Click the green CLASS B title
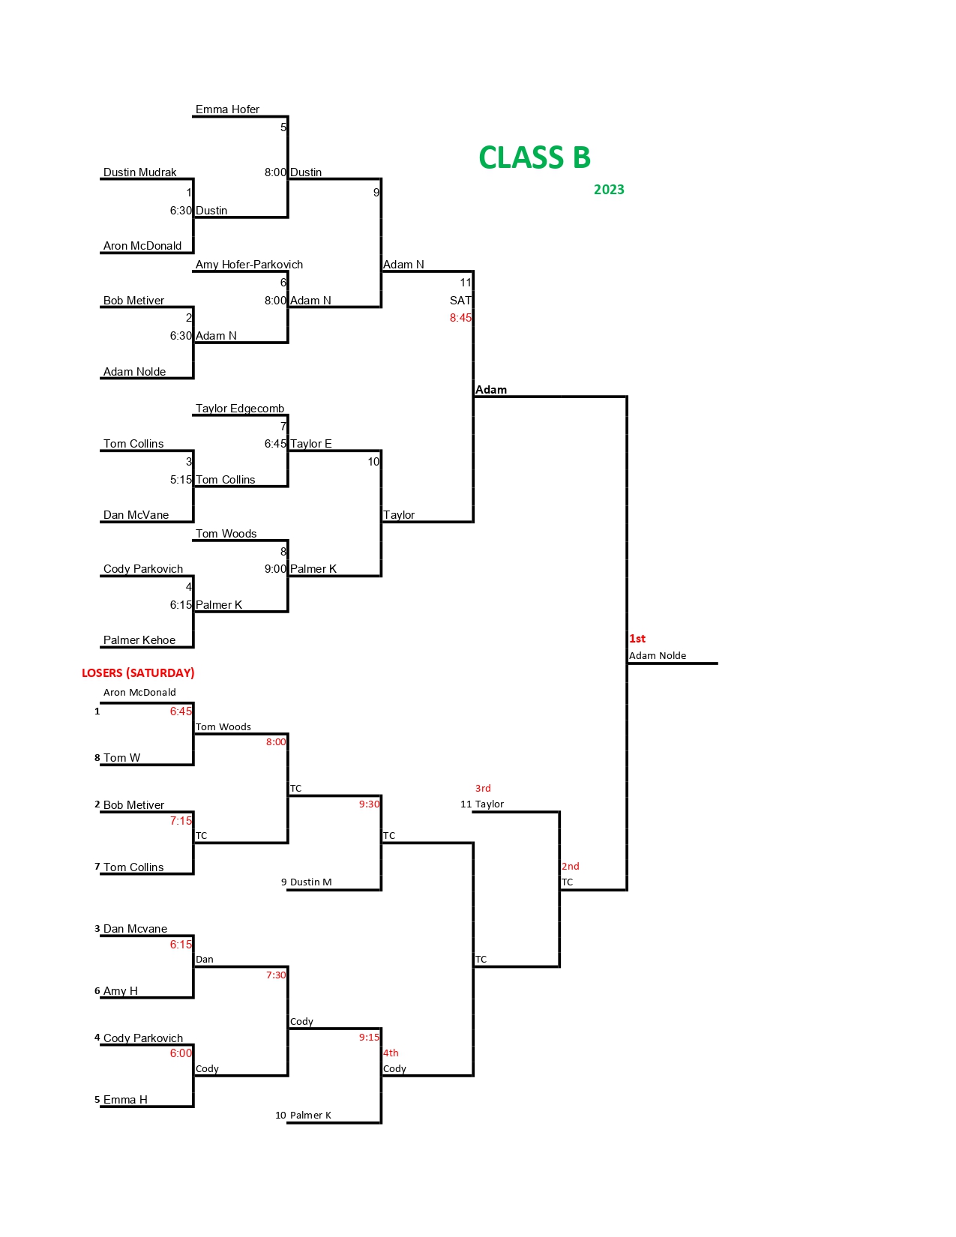[534, 158]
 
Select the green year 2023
[609, 190]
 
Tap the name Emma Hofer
[227, 109]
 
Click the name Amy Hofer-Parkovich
[249, 265]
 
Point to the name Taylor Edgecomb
[240, 409]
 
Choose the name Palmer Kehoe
[139, 640]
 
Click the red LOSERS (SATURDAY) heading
[138, 673]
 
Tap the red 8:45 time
[460, 318]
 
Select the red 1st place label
[637, 639]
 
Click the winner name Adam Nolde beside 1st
[658, 656]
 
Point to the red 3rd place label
[483, 789]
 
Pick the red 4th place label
[391, 1053]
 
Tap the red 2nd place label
[571, 867]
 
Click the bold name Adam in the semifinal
[491, 390]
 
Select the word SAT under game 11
[460, 301]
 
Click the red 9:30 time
[369, 804]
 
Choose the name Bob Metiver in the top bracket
[133, 301]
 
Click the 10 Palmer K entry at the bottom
[304, 1116]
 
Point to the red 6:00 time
[181, 1053]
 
